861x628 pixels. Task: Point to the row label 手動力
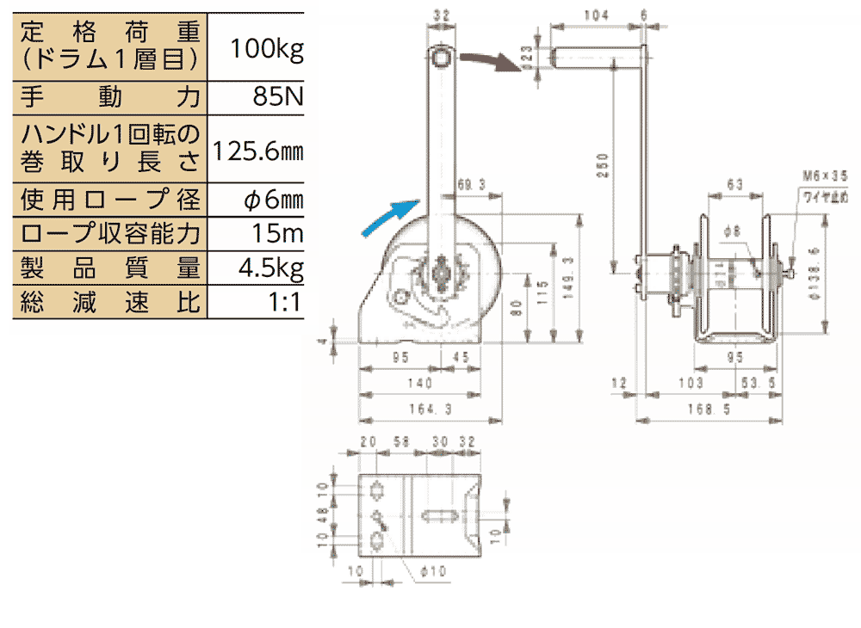108,96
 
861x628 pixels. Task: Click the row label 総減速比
108,302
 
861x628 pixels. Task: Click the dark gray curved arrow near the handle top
492,61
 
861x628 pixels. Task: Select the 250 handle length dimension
603,163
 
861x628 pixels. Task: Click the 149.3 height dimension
567,277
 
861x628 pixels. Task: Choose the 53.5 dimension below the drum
754,383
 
